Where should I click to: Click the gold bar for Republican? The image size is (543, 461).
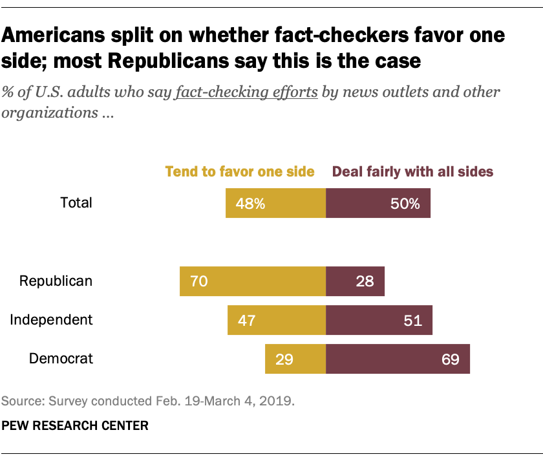point(253,281)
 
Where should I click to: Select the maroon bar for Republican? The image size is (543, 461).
point(355,281)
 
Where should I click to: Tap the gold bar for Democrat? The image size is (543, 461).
point(295,358)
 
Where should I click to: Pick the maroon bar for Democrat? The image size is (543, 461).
point(398,358)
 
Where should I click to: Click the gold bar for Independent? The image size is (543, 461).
point(277,319)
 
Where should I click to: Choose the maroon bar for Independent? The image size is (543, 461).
point(379,319)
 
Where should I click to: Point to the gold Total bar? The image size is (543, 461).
point(275,204)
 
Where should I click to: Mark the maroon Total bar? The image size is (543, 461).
point(378,204)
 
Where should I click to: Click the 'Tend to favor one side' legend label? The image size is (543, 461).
point(240,171)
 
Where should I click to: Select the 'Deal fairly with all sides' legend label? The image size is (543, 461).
point(412,171)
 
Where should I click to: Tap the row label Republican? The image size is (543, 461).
point(56,281)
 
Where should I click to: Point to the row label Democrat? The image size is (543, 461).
point(61,358)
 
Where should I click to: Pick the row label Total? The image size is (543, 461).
point(76,202)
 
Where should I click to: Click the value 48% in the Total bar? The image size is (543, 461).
point(250,204)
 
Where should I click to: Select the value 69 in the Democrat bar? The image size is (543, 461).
point(450,359)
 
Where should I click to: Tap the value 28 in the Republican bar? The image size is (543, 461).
point(365,282)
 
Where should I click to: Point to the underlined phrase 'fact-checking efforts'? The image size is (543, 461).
point(246,92)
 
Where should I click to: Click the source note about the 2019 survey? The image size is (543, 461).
point(148,401)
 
